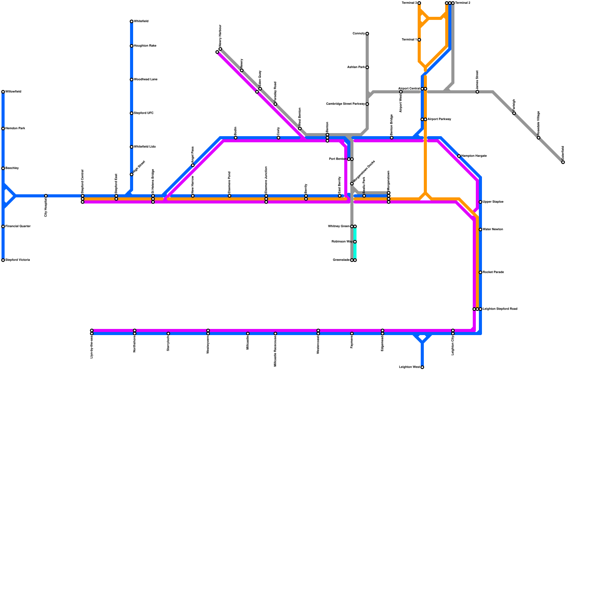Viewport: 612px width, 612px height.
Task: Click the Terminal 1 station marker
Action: click(419, 40)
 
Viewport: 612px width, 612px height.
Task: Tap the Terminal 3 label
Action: click(409, 3)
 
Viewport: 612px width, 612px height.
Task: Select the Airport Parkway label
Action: click(439, 119)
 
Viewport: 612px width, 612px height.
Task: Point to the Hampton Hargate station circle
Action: click(459, 156)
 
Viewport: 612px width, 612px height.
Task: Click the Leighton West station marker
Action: click(422, 367)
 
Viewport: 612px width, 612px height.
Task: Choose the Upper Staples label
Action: click(493, 202)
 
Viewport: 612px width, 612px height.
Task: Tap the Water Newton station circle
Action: click(480, 229)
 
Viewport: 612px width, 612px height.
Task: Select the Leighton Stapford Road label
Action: click(500, 309)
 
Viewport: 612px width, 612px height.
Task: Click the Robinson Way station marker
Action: click(355, 242)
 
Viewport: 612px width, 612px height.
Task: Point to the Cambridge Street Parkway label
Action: click(345, 104)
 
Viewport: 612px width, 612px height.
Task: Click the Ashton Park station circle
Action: click(367, 67)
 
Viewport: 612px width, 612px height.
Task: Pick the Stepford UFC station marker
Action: click(132, 113)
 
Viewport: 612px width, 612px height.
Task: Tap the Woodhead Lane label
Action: click(146, 80)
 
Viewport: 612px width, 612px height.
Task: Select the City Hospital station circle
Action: click(46, 196)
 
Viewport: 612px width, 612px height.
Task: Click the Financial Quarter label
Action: click(18, 226)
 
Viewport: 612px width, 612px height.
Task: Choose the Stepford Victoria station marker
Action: click(3, 260)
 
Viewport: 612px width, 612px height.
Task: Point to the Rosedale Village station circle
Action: click(539, 138)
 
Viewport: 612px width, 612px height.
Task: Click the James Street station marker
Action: click(477, 92)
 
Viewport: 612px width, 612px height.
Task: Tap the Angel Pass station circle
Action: click(193, 165)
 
